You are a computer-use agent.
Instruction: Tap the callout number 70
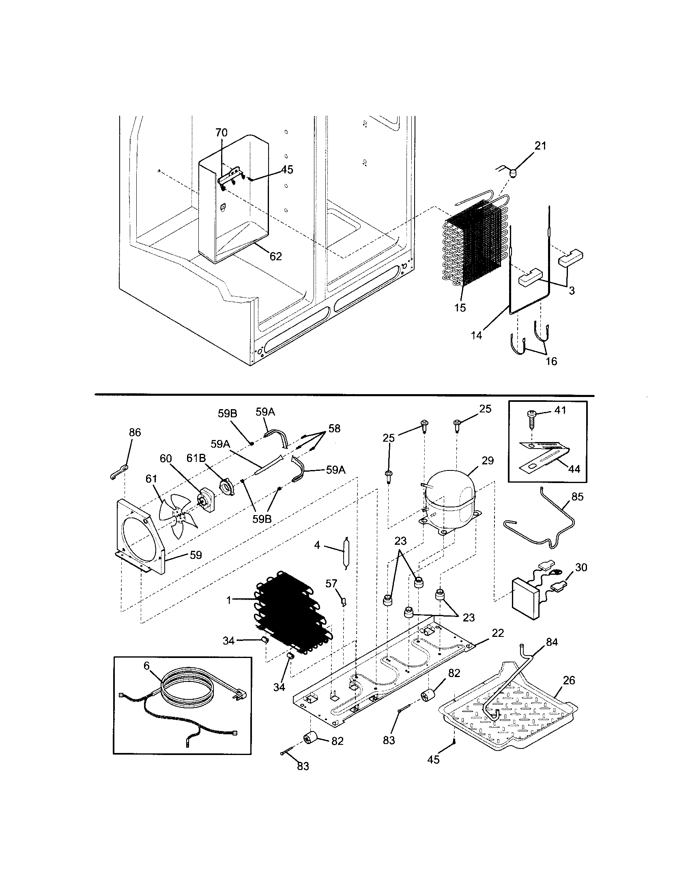[x=222, y=133]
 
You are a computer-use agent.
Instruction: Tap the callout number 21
[x=540, y=146]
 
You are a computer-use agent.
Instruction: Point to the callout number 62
[x=275, y=257]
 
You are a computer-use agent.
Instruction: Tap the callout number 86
[x=135, y=433]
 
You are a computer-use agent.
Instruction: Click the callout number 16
[x=551, y=361]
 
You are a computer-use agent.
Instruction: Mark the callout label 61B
[x=196, y=458]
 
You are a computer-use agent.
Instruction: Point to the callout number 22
[x=498, y=632]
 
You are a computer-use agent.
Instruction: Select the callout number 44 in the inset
[x=574, y=469]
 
